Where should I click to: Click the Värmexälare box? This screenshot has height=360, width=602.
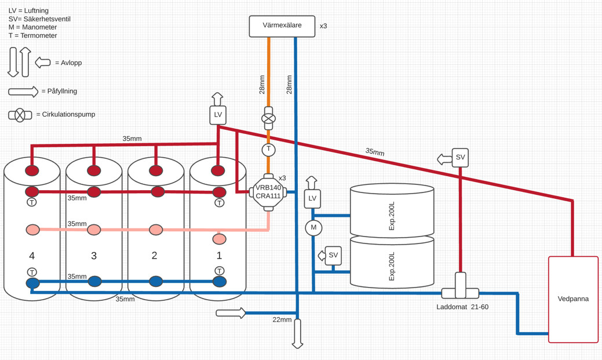[x=282, y=26]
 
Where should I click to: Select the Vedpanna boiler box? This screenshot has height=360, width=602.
[x=573, y=299]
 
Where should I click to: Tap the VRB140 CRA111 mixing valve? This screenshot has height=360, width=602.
[x=268, y=192]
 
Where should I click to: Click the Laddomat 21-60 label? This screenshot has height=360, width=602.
[x=462, y=307]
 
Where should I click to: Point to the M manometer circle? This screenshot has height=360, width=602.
[x=313, y=227]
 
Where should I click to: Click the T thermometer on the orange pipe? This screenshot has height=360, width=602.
[x=268, y=150]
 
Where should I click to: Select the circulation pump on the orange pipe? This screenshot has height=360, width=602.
[x=268, y=119]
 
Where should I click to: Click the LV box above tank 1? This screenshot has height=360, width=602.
[x=218, y=115]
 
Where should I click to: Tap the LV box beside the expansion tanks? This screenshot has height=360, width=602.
[x=313, y=198]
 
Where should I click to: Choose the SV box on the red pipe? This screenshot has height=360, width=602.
[x=460, y=157]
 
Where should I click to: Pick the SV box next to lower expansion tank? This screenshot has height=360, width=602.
[x=333, y=255]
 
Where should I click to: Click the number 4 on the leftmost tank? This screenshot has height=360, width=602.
[x=32, y=256]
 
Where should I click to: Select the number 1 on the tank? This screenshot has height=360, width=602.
[x=219, y=256]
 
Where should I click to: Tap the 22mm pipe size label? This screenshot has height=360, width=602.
[x=282, y=319]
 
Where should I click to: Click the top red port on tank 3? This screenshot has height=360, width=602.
[x=94, y=170]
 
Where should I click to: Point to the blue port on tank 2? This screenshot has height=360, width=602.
[x=156, y=281]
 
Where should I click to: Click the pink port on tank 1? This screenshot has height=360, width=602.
[x=219, y=239]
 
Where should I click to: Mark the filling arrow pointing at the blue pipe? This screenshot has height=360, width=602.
[x=231, y=313]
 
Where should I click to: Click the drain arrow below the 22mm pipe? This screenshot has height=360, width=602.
[x=297, y=334]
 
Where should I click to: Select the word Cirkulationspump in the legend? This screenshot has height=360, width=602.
[x=68, y=115]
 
